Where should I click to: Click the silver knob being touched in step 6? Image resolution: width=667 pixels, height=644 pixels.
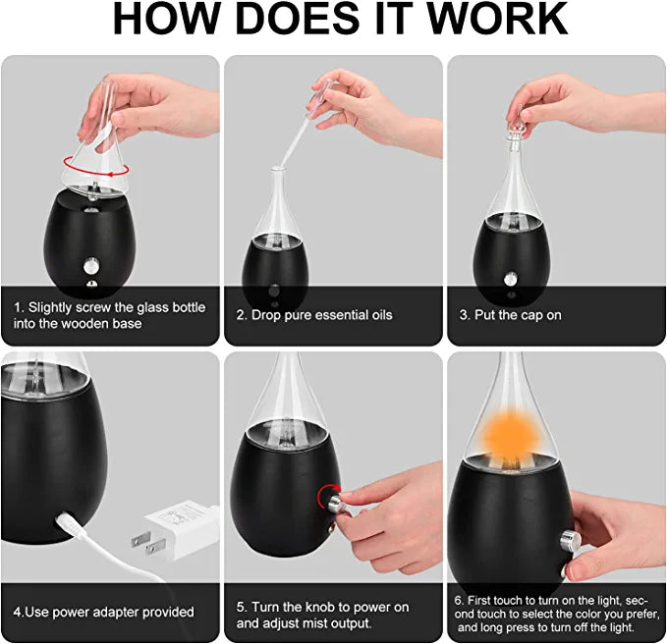coord(567,541)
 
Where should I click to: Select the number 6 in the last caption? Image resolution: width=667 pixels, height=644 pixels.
coord(458,600)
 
